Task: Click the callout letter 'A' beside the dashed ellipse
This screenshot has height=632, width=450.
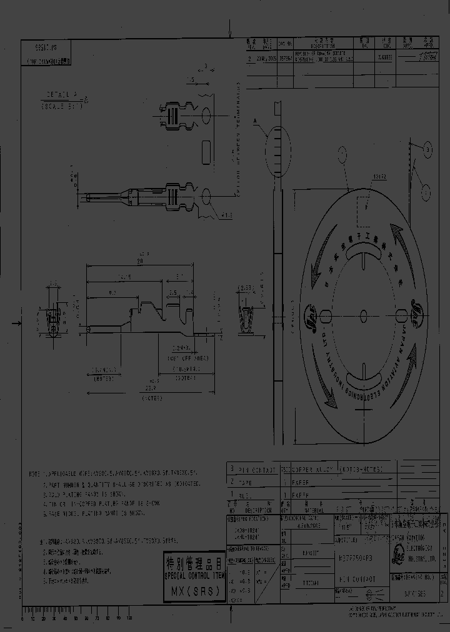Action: [x=255, y=119]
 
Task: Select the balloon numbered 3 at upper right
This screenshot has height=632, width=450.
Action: [x=427, y=148]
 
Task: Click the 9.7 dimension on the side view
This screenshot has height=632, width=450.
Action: [x=111, y=292]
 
